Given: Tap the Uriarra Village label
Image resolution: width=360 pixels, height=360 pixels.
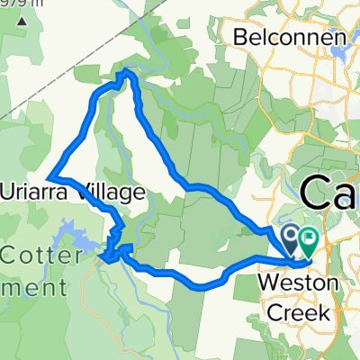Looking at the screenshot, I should [x=73, y=192].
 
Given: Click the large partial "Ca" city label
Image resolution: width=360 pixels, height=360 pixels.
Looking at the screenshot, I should [x=329, y=192].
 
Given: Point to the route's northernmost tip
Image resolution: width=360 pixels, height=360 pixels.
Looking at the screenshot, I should [x=127, y=71].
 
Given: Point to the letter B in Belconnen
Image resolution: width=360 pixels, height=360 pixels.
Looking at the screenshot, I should [x=242, y=38].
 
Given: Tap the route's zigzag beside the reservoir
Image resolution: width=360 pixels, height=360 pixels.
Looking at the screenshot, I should [x=114, y=247].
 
